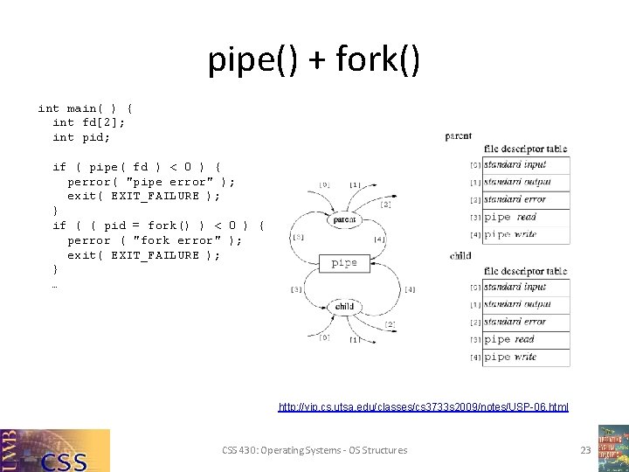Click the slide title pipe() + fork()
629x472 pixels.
click(x=314, y=60)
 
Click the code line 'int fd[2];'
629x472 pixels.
click(x=89, y=122)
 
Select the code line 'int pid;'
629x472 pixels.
click(x=81, y=137)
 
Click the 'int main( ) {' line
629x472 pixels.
click(x=86, y=108)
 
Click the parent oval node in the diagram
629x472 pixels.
click(x=344, y=220)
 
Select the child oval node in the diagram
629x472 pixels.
click(x=344, y=306)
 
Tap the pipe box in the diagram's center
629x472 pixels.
click(x=344, y=262)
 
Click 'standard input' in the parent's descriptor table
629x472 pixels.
click(x=515, y=164)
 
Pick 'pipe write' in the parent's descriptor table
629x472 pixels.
click(x=510, y=234)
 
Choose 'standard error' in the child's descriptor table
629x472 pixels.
click(x=515, y=322)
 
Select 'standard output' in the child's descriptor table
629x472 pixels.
click(x=516, y=304)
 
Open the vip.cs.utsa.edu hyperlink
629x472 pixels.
click(x=423, y=407)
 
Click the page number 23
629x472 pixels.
click(x=585, y=450)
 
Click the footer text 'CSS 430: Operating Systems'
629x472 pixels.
click(x=314, y=450)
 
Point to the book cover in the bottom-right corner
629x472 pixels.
click(x=613, y=448)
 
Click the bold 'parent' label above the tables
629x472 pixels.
click(x=459, y=136)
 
